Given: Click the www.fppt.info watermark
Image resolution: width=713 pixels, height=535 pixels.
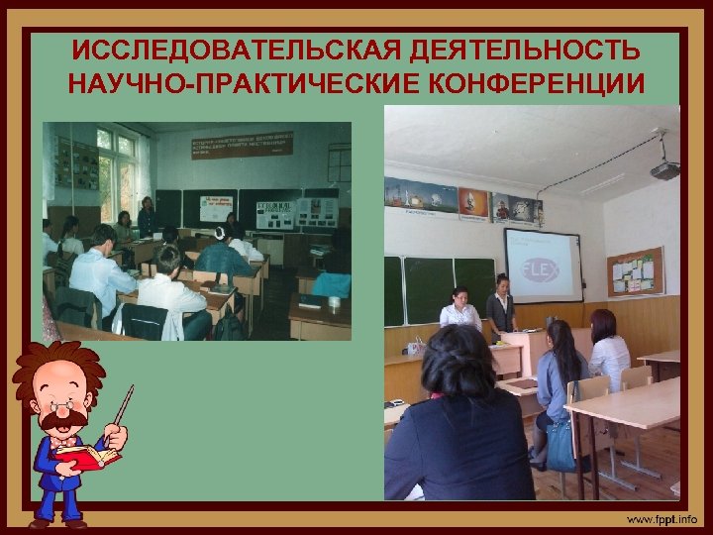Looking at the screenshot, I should pyautogui.click(x=661, y=519).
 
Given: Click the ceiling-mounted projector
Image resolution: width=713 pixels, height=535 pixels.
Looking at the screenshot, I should pyautogui.click(x=664, y=169).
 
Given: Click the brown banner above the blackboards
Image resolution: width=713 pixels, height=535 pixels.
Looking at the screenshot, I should pyautogui.click(x=243, y=145).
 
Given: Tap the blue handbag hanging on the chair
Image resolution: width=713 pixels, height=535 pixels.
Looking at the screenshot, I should pyautogui.click(x=560, y=445).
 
